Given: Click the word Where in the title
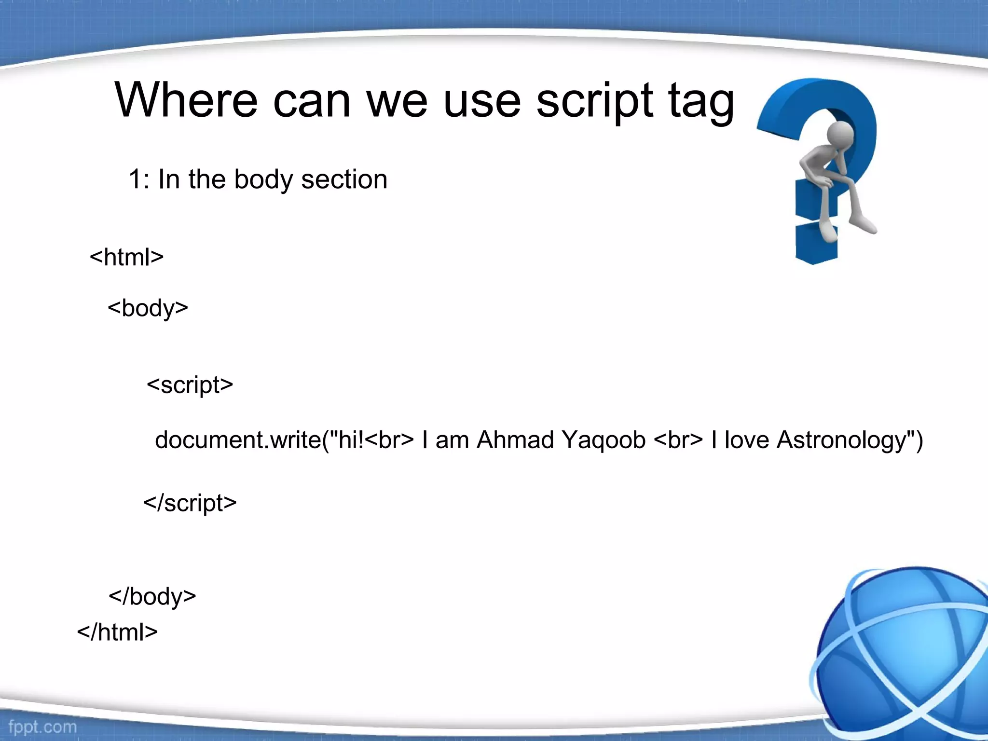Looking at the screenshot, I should tap(186, 100).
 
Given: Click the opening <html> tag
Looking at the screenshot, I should tap(126, 257).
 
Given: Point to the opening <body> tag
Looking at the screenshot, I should tap(148, 308).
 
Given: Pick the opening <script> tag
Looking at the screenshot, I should tap(190, 385).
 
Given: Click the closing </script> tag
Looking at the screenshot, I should tap(190, 503).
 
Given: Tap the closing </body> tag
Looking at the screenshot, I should tap(152, 597).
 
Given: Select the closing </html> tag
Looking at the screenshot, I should tap(117, 632).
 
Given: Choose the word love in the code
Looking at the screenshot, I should tap(746, 440).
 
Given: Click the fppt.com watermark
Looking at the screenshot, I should tap(42, 727).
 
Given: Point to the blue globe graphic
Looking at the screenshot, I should tap(902, 656).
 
